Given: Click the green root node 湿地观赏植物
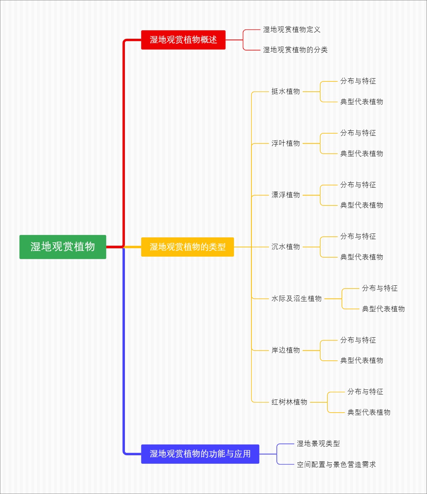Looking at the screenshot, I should click(63, 247).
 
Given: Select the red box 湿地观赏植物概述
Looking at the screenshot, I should click(183, 40).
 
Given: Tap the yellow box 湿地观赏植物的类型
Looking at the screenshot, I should click(188, 247).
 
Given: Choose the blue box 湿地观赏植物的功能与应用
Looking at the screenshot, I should click(200, 454).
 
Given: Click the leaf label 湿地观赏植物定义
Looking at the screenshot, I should click(292, 29).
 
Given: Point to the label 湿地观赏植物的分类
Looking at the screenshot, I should click(295, 50).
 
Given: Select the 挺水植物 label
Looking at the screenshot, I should click(286, 91).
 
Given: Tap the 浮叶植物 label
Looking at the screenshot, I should click(286, 143).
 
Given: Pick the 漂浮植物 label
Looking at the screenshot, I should click(286, 195).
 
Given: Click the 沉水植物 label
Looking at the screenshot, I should click(286, 247).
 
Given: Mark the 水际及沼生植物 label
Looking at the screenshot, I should click(296, 299).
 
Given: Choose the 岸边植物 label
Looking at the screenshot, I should click(286, 350).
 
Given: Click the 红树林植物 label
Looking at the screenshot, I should click(289, 402).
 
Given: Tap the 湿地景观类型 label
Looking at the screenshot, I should click(318, 444).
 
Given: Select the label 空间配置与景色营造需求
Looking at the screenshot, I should click(336, 465).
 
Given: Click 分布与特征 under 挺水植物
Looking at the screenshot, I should click(358, 81).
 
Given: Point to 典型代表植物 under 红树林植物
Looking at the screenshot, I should click(369, 412).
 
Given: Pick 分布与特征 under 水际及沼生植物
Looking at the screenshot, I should click(380, 288).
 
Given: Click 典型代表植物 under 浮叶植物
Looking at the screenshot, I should click(362, 154).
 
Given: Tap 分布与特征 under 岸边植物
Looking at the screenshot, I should click(358, 340).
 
